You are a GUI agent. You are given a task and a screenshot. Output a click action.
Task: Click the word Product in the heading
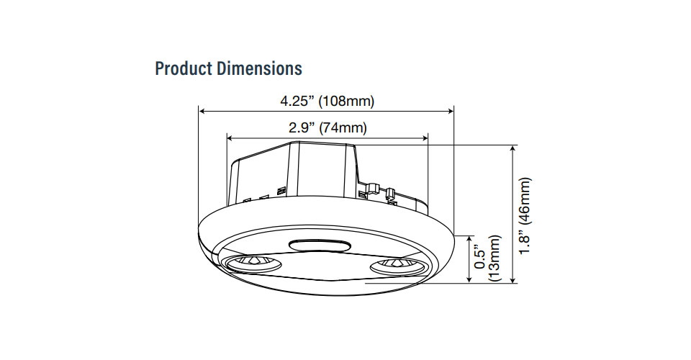pyautogui.click(x=180, y=69)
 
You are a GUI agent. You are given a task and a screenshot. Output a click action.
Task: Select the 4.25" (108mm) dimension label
pyautogui.click(x=327, y=101)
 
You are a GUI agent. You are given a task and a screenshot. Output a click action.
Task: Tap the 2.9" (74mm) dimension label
pyautogui.click(x=328, y=128)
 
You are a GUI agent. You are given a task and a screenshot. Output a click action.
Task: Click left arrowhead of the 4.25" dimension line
pyautogui.click(x=202, y=111)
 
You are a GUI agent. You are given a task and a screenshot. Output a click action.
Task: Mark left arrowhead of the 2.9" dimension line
pyautogui.click(x=230, y=137)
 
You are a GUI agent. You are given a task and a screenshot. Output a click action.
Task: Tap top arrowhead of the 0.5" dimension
pyautogui.click(x=471, y=238)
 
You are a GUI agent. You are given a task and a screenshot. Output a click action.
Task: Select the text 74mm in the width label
pyautogui.click(x=345, y=128)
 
